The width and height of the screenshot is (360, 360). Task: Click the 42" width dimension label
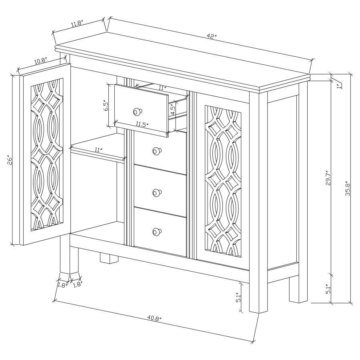tap(212, 36)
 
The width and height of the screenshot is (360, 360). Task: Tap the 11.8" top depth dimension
tap(77, 24)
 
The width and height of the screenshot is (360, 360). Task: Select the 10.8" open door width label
tap(40, 61)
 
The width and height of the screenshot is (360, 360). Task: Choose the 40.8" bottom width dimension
tap(154, 319)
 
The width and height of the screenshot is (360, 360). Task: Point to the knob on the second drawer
tap(156, 151)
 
